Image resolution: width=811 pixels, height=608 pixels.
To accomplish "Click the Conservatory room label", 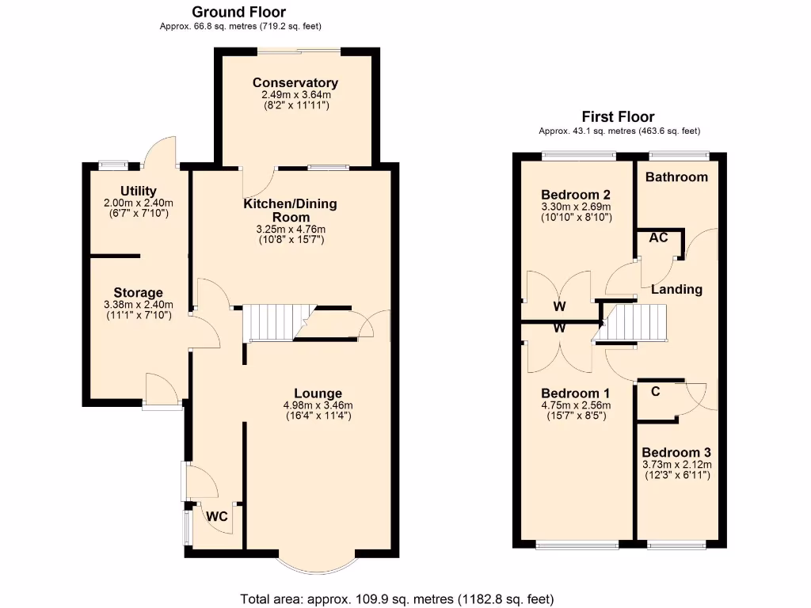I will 295,83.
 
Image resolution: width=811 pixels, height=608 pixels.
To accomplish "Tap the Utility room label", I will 139,191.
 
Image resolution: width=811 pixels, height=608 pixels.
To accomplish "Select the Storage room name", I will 138,293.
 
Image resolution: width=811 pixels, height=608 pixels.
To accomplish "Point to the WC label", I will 218,517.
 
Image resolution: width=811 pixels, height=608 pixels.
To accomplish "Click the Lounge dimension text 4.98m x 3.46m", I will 318,405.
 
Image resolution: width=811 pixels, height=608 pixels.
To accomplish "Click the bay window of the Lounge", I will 318,561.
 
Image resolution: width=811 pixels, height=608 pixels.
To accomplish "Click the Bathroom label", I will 676,177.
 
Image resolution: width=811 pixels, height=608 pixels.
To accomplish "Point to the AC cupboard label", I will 658,237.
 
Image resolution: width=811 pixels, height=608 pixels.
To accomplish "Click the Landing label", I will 676,289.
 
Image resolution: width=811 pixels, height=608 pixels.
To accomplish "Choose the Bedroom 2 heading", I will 576,195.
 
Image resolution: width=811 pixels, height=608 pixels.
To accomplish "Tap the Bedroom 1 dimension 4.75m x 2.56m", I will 575,405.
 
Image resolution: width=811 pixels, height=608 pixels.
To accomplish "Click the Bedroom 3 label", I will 676,453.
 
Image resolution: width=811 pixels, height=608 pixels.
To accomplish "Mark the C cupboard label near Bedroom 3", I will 655,390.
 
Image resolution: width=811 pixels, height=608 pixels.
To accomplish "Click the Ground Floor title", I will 239,12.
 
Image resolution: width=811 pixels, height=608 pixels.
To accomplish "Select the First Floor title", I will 619,117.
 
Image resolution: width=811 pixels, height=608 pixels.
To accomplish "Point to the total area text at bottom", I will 397,598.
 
